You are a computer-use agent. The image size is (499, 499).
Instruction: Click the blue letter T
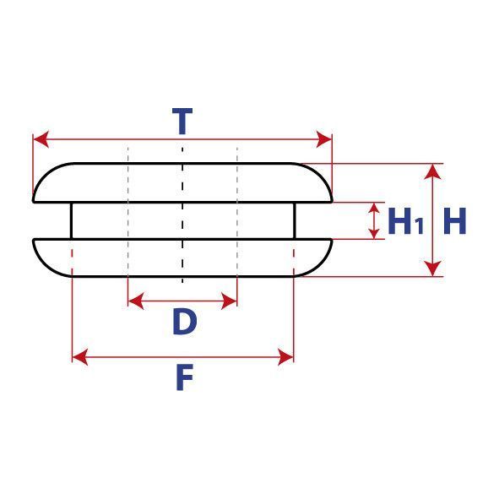click(182, 121)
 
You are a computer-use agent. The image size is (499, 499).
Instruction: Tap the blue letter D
click(185, 322)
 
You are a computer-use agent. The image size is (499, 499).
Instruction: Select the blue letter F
click(185, 377)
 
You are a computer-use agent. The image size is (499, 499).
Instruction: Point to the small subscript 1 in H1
click(420, 226)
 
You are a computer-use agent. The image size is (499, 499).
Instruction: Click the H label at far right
click(455, 221)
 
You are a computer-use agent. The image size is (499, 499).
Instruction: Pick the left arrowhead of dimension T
click(41, 139)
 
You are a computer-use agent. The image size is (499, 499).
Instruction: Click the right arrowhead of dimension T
click(324, 139)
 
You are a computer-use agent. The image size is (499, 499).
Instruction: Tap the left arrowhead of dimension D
click(136, 301)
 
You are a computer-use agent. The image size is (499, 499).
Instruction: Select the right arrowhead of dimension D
click(229, 301)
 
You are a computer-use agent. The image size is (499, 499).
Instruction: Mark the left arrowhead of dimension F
click(80, 357)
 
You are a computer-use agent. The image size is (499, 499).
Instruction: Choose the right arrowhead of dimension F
click(285, 357)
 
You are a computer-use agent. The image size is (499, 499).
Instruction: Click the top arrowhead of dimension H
click(433, 172)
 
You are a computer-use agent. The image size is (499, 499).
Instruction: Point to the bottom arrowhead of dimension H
click(433, 268)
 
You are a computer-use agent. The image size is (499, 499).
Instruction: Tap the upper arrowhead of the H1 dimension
click(374, 209)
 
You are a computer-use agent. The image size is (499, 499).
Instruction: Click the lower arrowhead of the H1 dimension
click(374, 233)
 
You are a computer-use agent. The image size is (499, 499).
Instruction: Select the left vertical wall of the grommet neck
click(71, 220)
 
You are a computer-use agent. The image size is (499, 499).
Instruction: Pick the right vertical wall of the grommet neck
click(295, 220)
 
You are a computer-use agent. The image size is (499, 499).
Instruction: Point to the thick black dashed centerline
click(182, 215)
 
